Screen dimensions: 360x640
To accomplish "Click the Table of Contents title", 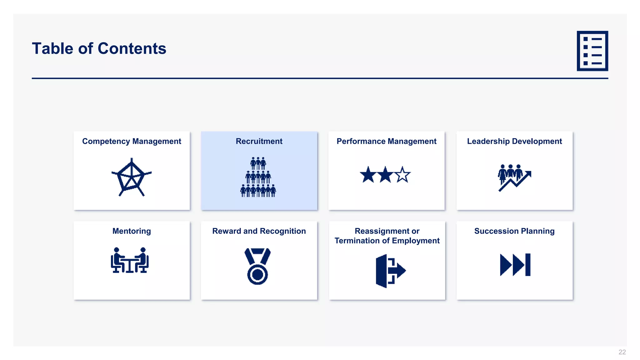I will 99,48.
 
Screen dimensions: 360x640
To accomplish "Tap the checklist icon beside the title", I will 592,51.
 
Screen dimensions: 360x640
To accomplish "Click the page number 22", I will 622,352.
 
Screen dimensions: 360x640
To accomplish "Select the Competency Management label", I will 132,141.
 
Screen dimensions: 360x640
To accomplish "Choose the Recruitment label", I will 259,141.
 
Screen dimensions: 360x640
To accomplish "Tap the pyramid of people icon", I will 258,177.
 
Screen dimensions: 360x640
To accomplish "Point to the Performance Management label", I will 386,141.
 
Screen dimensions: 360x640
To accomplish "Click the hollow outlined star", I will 402,175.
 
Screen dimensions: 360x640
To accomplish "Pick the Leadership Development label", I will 514,141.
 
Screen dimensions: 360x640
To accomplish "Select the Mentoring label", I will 132,231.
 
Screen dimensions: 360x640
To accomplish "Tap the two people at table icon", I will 130,260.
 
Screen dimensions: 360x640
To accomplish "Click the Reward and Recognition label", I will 259,231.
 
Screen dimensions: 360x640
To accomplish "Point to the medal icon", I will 257,266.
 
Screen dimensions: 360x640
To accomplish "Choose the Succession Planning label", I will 514,231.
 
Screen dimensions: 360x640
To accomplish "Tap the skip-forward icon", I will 515,265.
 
